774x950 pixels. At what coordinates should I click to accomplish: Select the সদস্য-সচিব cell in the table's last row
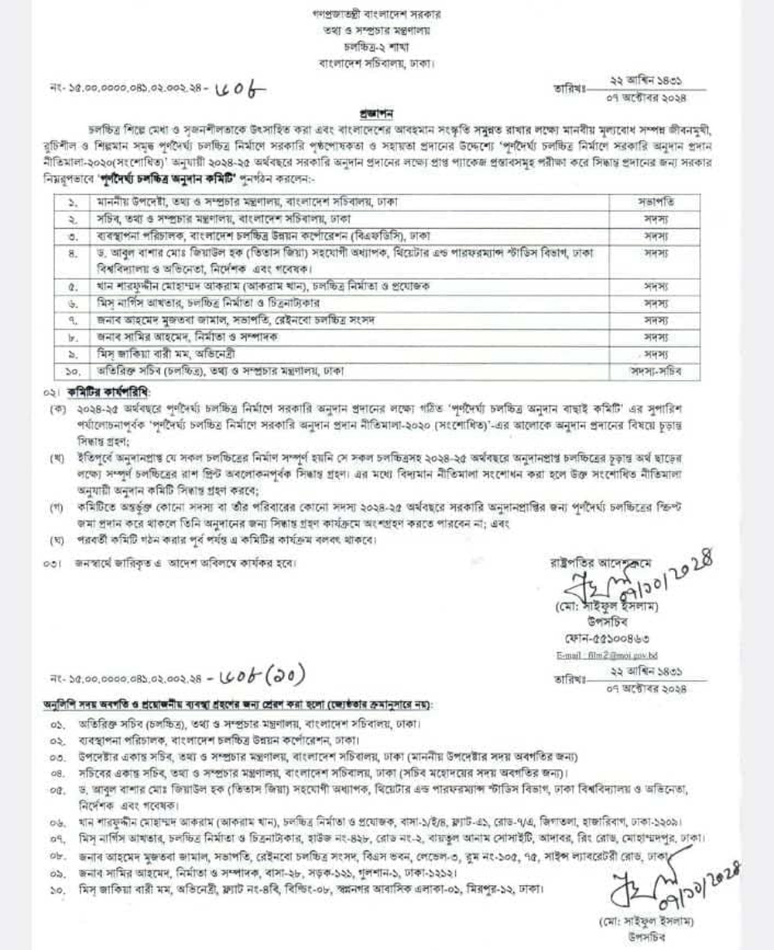coord(656,371)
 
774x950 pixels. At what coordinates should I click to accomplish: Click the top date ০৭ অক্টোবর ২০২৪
coord(647,97)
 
